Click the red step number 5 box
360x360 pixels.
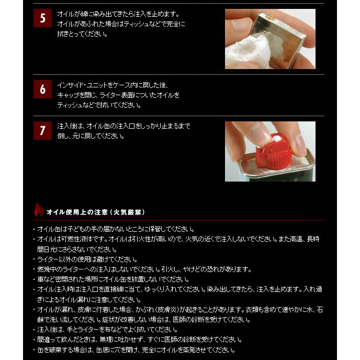(42, 18)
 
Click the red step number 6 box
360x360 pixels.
(42, 89)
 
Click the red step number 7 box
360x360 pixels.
(42, 130)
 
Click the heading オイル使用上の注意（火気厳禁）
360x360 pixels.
(95, 212)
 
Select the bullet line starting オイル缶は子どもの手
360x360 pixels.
(115, 229)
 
